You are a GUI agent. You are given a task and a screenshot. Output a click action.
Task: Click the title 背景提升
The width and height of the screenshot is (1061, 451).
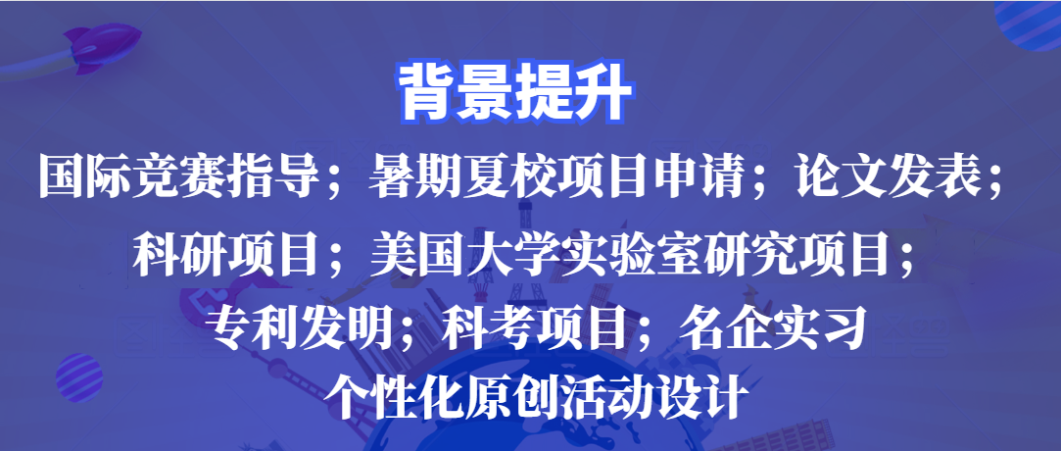coord(515,93)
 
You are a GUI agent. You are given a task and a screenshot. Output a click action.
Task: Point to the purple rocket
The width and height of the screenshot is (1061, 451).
coord(102,47)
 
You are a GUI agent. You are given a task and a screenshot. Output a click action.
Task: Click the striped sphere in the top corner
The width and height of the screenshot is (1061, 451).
coord(1030,25)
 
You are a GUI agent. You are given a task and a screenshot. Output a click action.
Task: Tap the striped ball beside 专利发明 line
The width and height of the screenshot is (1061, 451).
coord(79,377)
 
